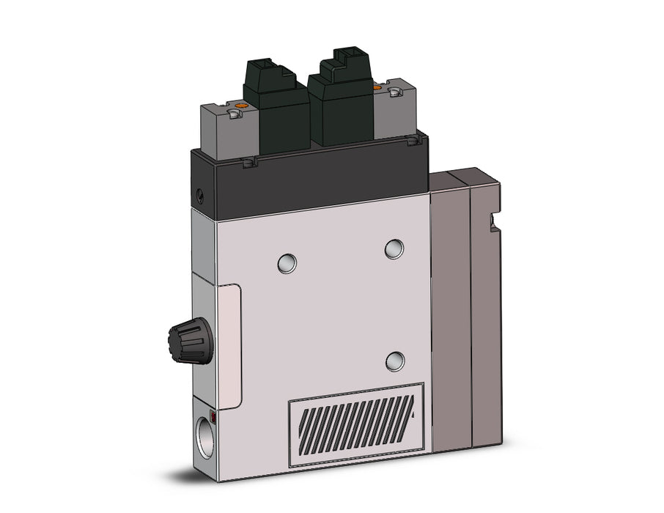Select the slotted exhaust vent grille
[356, 425]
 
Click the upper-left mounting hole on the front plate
[287, 263]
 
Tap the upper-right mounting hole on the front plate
[394, 248]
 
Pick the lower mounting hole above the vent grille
[395, 360]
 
